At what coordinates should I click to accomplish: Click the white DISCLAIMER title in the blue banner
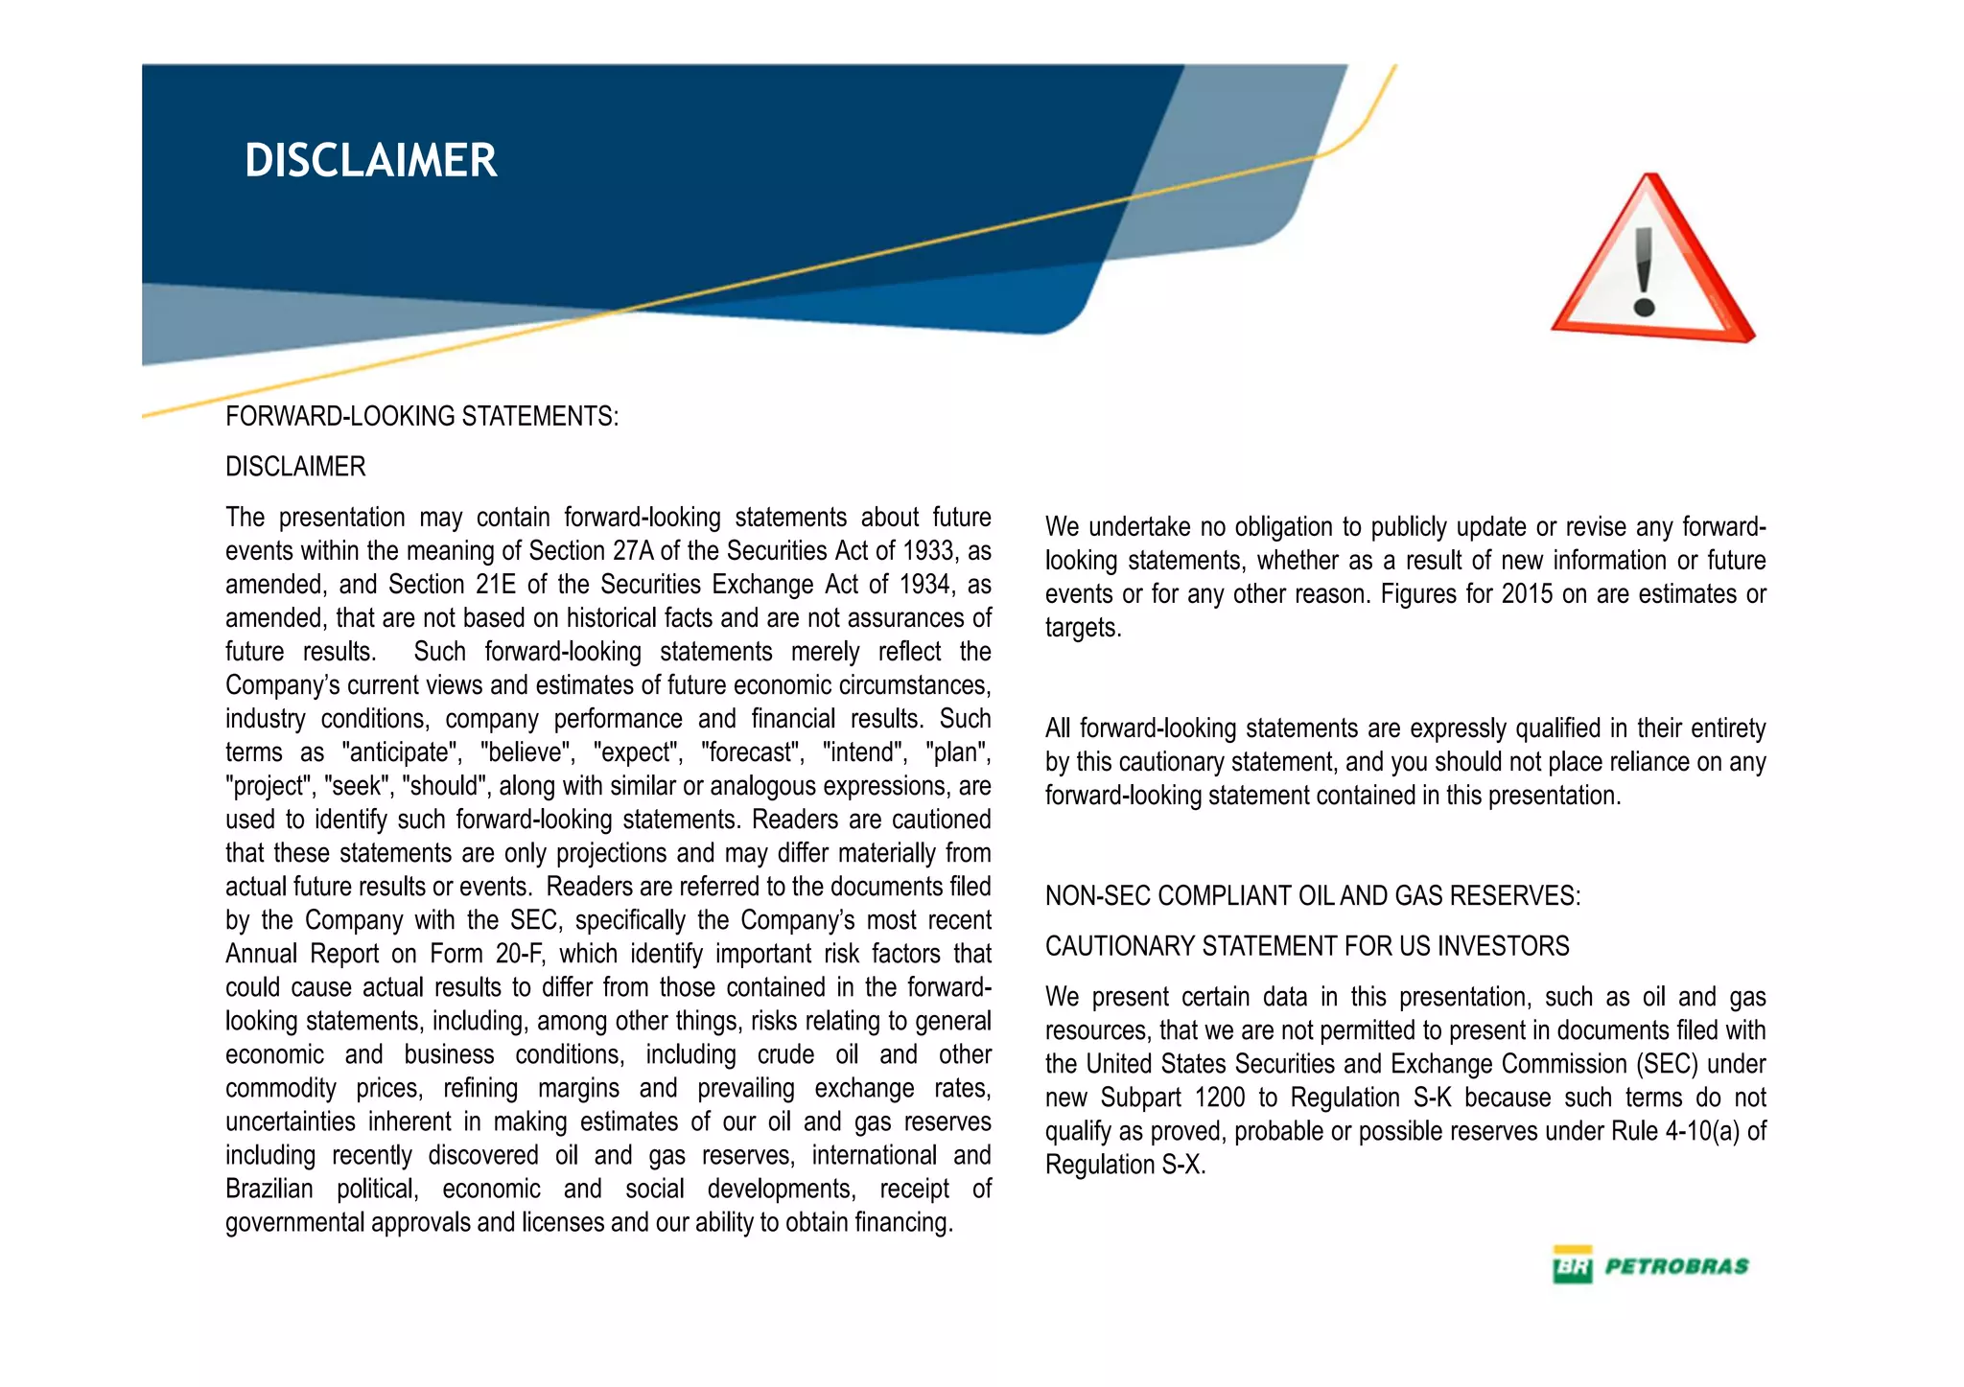coord(370,160)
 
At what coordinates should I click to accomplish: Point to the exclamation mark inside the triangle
coord(1645,273)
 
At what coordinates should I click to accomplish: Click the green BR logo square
coord(1572,1265)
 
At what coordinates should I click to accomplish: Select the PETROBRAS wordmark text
coord(1676,1266)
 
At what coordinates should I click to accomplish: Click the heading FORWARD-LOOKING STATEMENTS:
coord(422,416)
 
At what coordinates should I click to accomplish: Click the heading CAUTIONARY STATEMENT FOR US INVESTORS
coord(1307,946)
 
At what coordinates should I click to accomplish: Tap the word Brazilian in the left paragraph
coord(269,1189)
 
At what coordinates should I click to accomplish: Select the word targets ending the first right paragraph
coord(1082,628)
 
